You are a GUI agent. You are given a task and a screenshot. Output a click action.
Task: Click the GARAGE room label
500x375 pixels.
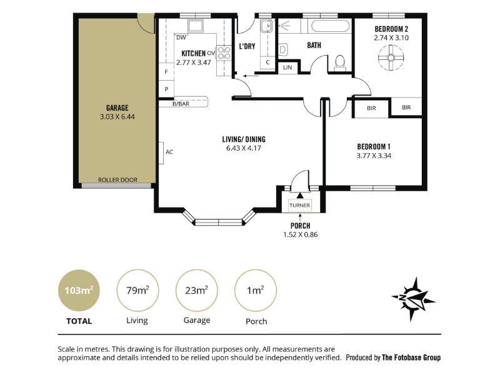[x=117, y=107]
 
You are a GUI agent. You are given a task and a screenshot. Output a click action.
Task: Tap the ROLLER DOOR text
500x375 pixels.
[x=117, y=180]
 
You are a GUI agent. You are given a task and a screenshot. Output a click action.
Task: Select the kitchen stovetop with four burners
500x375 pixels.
[x=224, y=53]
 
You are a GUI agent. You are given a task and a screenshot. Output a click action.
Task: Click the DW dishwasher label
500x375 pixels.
[x=181, y=37]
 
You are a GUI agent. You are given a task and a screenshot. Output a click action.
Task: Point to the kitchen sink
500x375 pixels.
[x=195, y=26]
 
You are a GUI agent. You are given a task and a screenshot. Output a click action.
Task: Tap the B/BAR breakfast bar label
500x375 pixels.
[x=181, y=104]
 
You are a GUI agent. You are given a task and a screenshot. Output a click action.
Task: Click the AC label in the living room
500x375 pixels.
[x=169, y=152]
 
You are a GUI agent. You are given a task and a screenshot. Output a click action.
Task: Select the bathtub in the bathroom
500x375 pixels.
[x=330, y=26]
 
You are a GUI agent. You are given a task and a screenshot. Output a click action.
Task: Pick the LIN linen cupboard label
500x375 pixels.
[x=287, y=67]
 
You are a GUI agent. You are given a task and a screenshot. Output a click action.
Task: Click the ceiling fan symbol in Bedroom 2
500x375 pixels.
[x=391, y=57]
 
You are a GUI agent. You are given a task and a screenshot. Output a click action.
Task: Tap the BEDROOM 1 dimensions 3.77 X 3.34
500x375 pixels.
[x=374, y=156]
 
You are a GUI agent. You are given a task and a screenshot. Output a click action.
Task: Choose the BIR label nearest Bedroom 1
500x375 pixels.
[x=371, y=108]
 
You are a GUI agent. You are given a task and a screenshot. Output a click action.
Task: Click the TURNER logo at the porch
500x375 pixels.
[x=300, y=206]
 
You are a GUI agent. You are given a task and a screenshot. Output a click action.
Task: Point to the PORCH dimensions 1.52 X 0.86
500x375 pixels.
[x=301, y=235]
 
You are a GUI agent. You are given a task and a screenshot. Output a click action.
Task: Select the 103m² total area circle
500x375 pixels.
[x=79, y=291]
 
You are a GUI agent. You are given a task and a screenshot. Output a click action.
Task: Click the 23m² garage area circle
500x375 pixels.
[x=197, y=291]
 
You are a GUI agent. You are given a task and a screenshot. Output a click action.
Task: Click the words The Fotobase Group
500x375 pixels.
[x=411, y=357]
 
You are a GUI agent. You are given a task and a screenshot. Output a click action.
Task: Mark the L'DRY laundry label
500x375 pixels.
[x=247, y=46]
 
